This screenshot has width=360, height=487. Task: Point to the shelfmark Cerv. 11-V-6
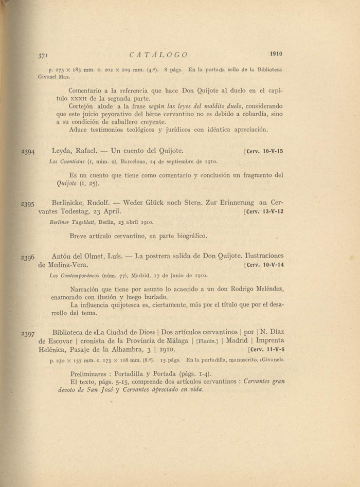(266, 350)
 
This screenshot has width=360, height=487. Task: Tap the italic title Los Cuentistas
(65, 163)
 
